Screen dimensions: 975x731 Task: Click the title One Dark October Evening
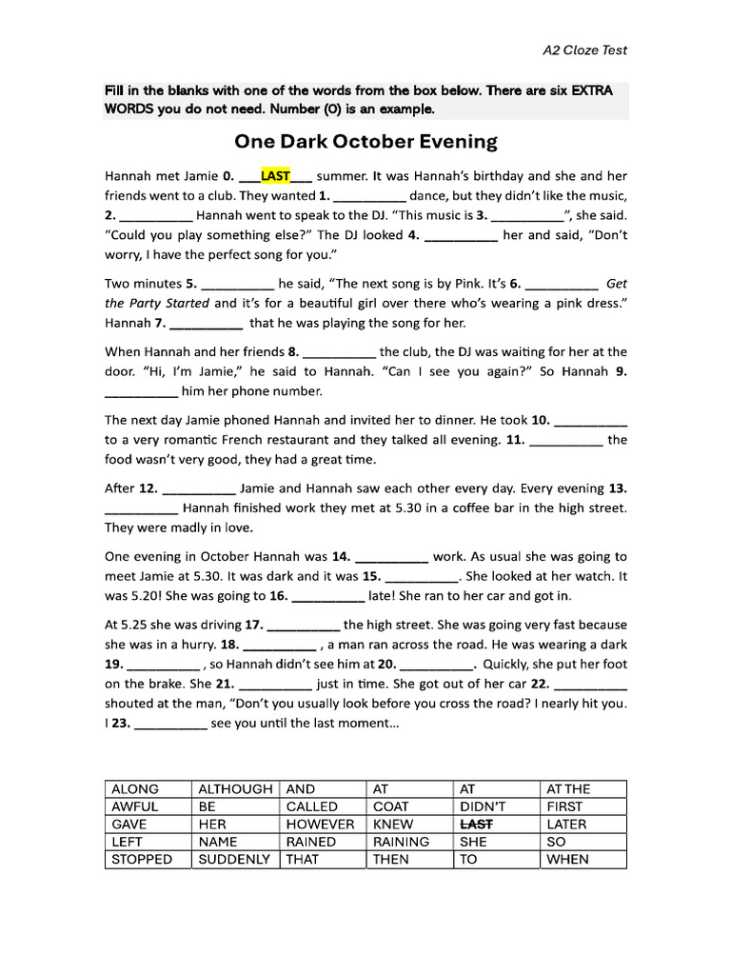pos(365,142)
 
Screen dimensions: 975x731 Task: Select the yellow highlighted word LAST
pos(275,176)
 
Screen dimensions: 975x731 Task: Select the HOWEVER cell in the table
pos(320,825)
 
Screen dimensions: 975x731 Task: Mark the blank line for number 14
pos(391,557)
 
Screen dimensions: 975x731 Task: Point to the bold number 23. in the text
pos(118,723)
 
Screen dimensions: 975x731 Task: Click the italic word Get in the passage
pos(617,284)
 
